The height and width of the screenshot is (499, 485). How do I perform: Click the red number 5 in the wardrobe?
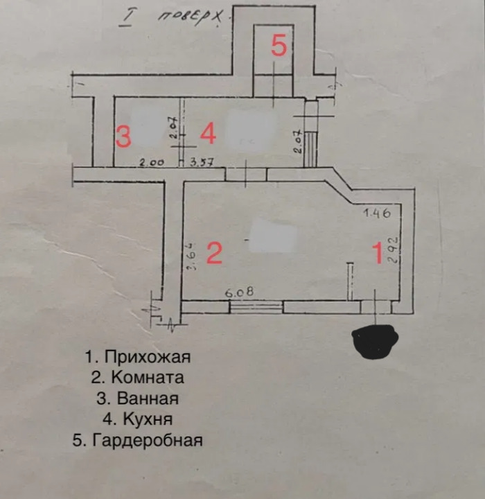coord(279,46)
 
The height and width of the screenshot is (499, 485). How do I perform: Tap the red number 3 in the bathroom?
coord(123,137)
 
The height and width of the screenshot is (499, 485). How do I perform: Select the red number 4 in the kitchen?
coord(208,133)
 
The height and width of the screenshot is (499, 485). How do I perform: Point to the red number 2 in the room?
coord(214,253)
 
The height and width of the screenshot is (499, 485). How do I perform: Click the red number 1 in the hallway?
coord(378,253)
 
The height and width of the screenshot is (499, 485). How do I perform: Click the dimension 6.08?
coord(239,292)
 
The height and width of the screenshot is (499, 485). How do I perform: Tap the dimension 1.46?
coord(377,213)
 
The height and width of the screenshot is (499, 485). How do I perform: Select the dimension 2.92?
coord(394,249)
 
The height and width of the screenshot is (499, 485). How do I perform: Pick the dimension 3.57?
coord(201,163)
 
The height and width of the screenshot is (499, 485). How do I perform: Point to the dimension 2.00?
coord(152,163)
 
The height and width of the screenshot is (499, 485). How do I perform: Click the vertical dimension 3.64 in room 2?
coord(191,256)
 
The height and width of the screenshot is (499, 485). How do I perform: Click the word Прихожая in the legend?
coord(148,357)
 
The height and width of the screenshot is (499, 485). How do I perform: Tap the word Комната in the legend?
coord(148,378)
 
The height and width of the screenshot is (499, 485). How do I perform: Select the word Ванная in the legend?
coord(148,399)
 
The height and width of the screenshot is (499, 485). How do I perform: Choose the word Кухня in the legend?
coord(148,419)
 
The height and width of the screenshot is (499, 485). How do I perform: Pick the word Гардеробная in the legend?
coord(148,441)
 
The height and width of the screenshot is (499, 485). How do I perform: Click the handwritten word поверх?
coord(190,18)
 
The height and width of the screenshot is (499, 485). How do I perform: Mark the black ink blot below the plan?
coord(376,341)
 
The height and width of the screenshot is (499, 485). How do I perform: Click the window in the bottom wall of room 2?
coord(256,308)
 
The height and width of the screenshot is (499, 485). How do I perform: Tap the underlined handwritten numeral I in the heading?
coord(126,19)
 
